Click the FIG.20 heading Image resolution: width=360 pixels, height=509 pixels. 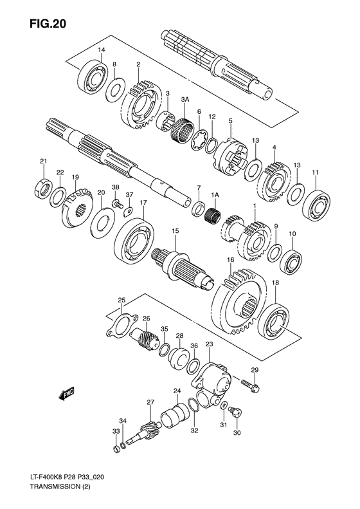48,23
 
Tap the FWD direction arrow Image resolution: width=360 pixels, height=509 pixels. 67,393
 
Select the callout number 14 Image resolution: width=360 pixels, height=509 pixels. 102,50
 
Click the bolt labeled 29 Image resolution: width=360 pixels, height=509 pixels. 251,385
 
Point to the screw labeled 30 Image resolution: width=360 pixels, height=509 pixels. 235,411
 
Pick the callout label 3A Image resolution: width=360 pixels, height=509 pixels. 185,100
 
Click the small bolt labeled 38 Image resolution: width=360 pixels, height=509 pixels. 118,204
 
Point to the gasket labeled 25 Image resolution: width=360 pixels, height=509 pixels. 122,324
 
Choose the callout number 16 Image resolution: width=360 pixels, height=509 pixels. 231,260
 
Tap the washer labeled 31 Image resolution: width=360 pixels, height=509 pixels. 224,406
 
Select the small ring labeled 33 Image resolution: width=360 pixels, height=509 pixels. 116,450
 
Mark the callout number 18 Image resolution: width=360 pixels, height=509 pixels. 275,283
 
